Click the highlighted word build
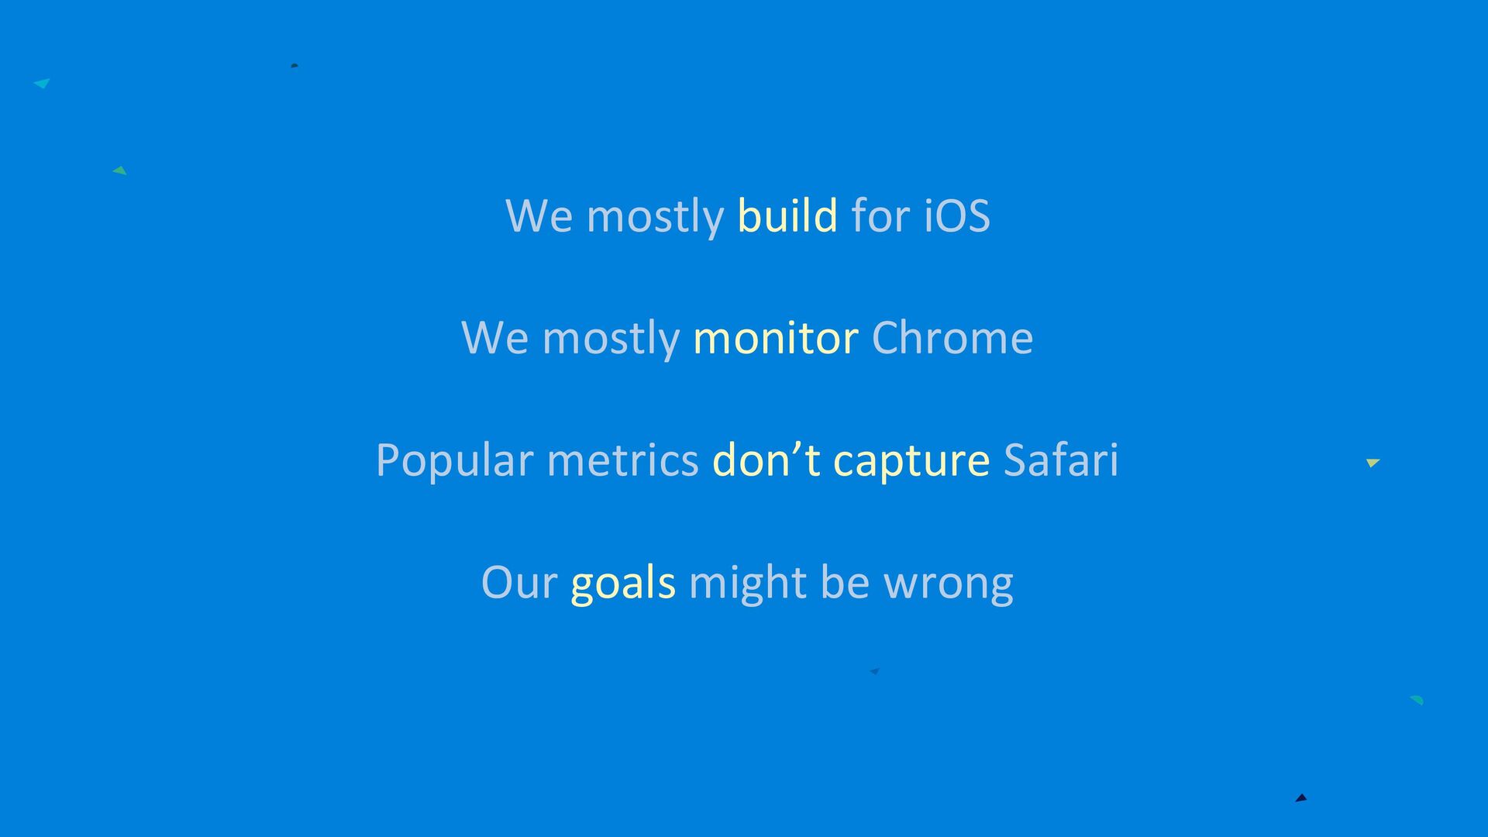787,215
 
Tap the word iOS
957,215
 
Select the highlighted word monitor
776,339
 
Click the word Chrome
952,337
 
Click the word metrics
623,460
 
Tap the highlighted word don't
766,460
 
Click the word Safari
1061,460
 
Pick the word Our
519,582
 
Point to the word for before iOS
880,215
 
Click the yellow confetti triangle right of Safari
1373,463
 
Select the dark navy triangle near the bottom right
1301,797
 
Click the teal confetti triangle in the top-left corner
43,83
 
